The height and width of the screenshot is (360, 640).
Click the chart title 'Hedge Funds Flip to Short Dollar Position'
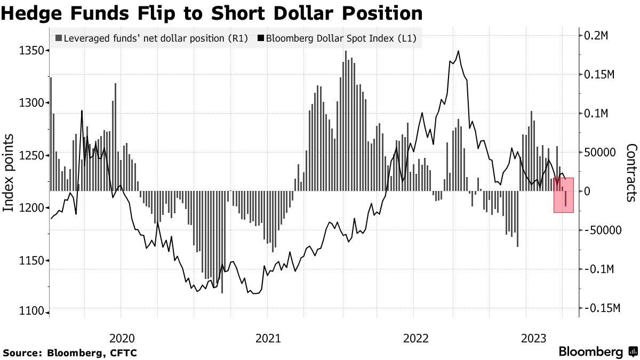[x=212, y=13]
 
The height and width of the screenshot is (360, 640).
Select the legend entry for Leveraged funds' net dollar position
[x=152, y=38]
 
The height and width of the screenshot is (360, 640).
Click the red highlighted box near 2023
[x=563, y=195]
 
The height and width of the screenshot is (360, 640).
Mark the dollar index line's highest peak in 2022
[x=459, y=51]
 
